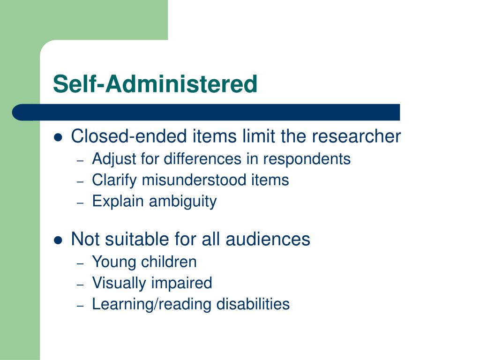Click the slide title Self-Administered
[155, 84]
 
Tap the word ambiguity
[183, 202]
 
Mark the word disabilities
[253, 304]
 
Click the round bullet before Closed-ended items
[59, 137]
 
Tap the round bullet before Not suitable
[59, 240]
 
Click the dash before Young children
[80, 263]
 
